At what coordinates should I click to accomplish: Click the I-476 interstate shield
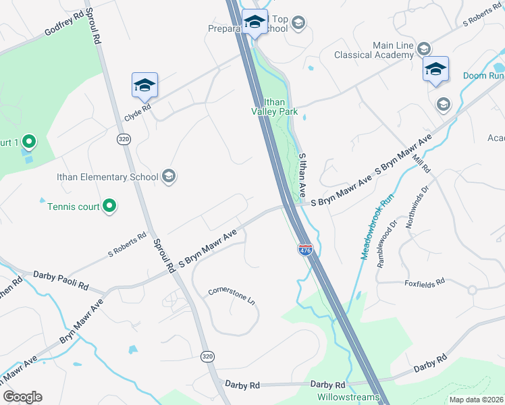click(305, 250)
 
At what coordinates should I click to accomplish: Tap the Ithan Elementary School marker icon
click(169, 177)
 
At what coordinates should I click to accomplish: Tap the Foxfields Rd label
click(425, 281)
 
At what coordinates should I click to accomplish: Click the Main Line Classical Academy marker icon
click(423, 49)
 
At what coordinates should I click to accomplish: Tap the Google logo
click(22, 397)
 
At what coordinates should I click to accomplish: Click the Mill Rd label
click(423, 162)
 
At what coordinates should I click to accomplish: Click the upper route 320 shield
click(123, 138)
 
